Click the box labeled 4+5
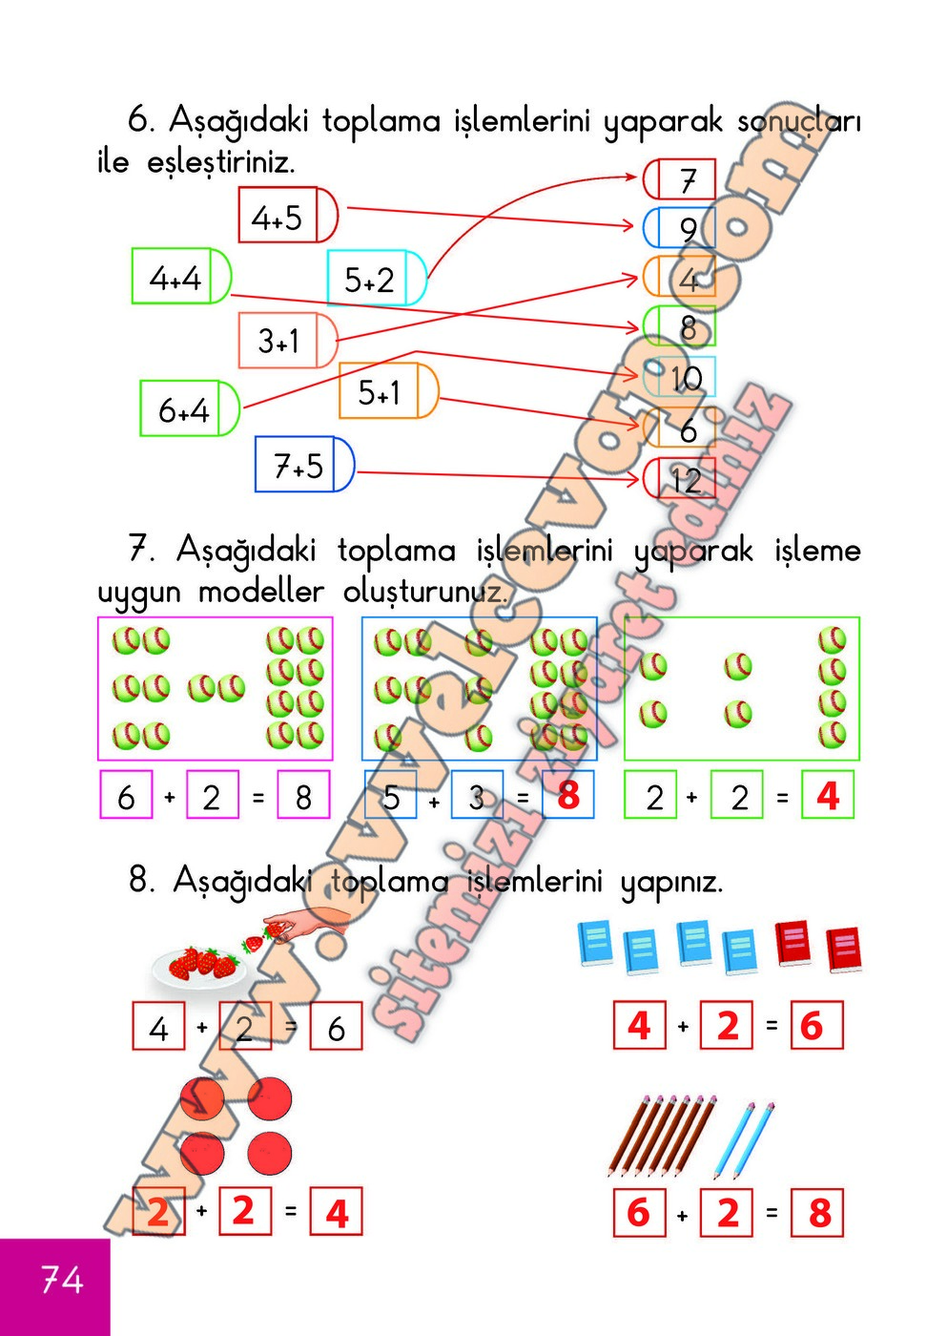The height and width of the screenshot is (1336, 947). (286, 216)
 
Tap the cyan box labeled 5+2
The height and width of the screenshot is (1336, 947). (376, 279)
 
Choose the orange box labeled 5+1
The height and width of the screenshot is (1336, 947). (387, 390)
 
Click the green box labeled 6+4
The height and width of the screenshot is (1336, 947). (189, 408)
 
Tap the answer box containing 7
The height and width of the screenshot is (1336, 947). (681, 179)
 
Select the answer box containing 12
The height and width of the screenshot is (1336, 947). (681, 479)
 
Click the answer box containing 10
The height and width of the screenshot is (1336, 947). (681, 379)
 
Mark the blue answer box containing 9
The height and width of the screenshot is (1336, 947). (681, 229)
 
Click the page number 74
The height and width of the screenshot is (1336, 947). (61, 1279)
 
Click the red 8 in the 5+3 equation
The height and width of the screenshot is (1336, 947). (568, 795)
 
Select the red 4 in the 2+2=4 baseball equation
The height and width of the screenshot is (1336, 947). (828, 795)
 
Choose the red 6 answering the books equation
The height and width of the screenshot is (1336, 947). (812, 1026)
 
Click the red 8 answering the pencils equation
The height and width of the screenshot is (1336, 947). (818, 1213)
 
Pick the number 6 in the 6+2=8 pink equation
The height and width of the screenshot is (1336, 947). (126, 796)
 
